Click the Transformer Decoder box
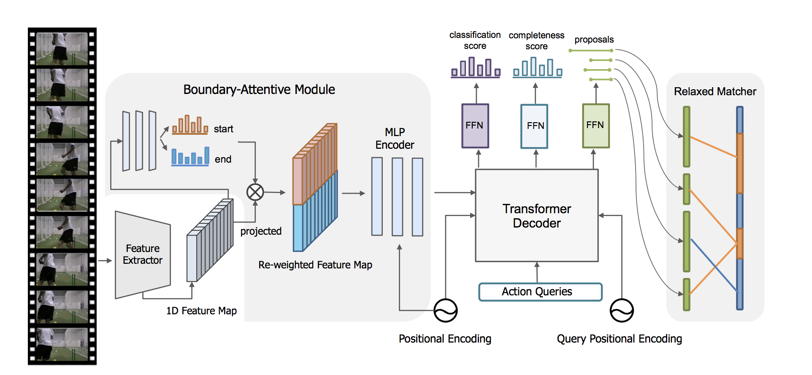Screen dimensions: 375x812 coord(536,215)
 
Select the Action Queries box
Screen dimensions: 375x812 coord(540,292)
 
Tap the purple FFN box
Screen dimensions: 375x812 coord(475,126)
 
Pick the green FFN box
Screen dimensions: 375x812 coord(595,126)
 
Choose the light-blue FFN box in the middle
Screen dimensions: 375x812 coord(534,126)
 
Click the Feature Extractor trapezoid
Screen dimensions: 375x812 coord(143,254)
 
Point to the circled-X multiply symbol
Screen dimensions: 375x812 coord(255,192)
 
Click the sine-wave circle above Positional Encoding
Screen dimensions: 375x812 coord(446,311)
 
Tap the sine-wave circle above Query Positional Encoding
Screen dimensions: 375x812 coord(622,311)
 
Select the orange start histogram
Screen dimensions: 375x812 coord(190,126)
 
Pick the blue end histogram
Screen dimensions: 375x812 coord(190,156)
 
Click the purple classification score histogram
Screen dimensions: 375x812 coord(476,68)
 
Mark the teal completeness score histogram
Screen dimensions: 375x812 coord(537,68)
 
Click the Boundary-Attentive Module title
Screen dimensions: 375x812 coord(259,89)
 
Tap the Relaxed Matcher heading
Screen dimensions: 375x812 coord(715,91)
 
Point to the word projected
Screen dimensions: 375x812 coord(261,231)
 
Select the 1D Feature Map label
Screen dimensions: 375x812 coord(201,311)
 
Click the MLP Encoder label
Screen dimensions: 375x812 coord(395,139)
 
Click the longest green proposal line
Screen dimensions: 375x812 coord(590,51)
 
